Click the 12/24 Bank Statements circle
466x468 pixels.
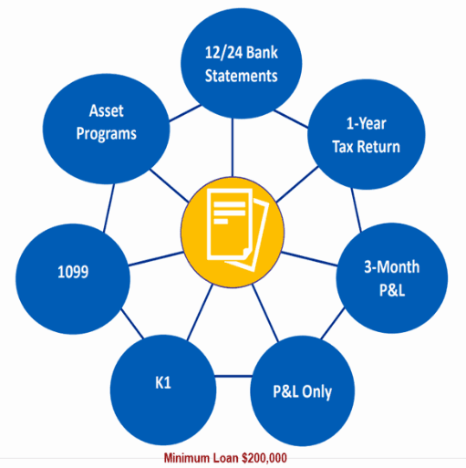(x=242, y=63)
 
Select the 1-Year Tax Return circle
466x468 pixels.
(x=367, y=134)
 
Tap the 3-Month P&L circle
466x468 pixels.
(x=392, y=278)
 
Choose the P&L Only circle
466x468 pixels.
(x=303, y=391)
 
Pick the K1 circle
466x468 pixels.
(x=163, y=390)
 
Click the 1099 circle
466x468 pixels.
(x=73, y=279)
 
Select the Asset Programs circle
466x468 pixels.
(x=106, y=129)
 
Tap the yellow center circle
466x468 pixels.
(x=233, y=232)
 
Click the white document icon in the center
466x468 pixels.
(x=238, y=230)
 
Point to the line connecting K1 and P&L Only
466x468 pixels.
(x=233, y=377)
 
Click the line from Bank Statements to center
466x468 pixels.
(x=233, y=148)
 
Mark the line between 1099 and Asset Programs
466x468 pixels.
(x=109, y=208)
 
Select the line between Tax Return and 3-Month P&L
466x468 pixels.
(x=357, y=210)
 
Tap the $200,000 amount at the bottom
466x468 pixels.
(x=264, y=458)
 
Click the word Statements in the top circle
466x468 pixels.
(x=242, y=76)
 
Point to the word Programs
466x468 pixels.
(x=107, y=133)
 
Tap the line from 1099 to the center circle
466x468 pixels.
(x=156, y=259)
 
